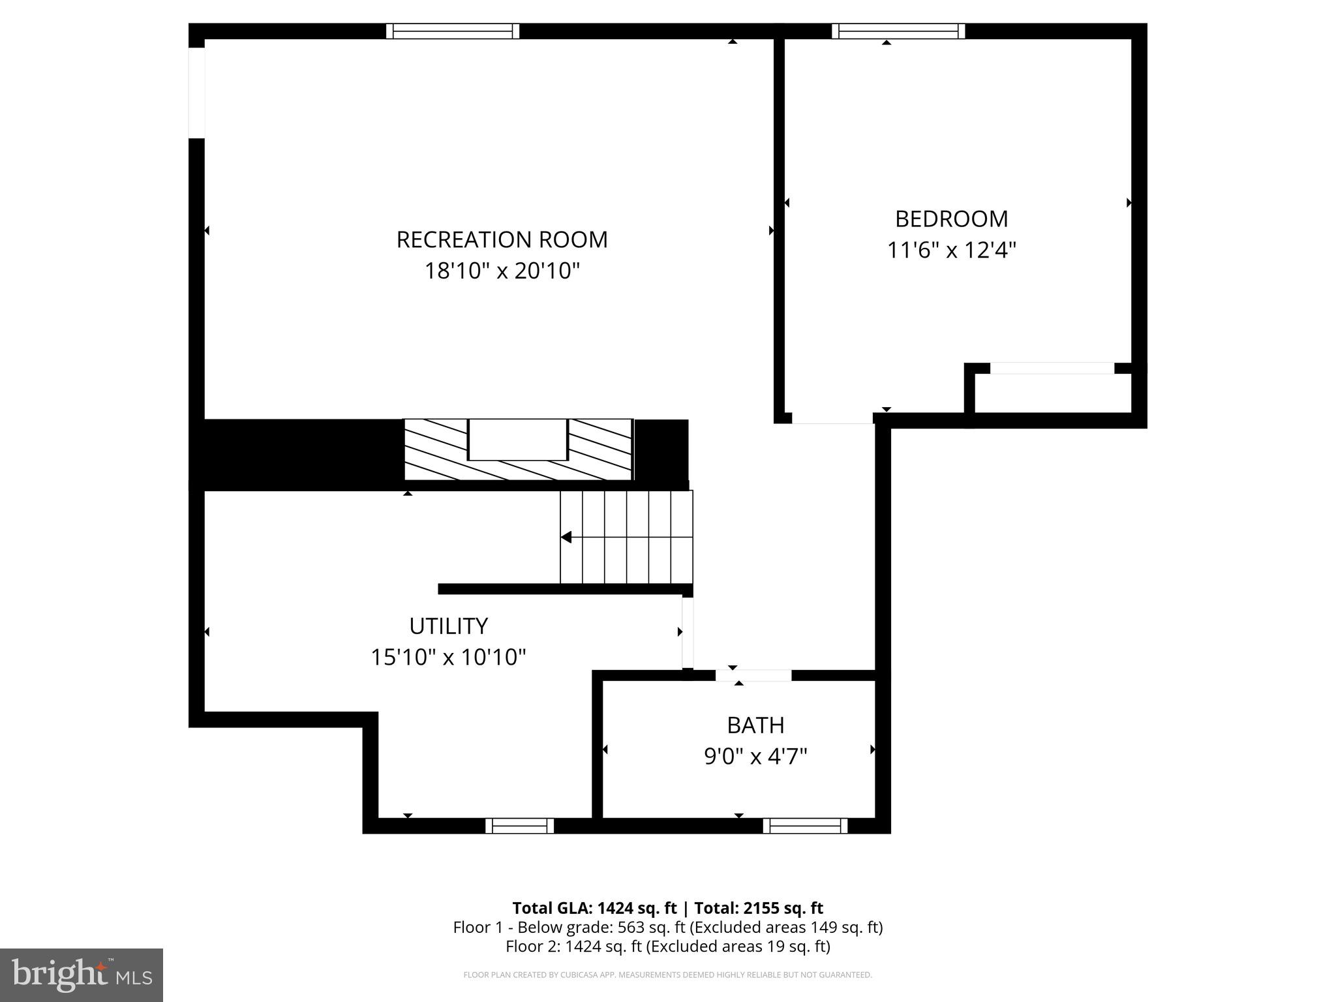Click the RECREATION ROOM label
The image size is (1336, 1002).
[502, 239]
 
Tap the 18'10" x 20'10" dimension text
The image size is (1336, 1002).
[502, 271]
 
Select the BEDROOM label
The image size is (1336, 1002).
[951, 219]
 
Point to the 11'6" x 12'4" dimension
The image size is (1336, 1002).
[951, 250]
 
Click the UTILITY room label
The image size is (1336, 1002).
[448, 626]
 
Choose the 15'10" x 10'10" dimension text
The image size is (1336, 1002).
[448, 657]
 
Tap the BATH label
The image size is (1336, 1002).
[755, 725]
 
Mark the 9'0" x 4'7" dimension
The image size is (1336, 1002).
[755, 757]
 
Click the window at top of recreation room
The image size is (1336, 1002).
[452, 31]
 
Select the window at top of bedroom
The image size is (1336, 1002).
[898, 31]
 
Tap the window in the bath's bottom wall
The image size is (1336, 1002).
[805, 826]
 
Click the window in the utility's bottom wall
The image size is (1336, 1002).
[519, 826]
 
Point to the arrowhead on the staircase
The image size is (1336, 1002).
[566, 537]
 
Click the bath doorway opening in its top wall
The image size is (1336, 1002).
[753, 675]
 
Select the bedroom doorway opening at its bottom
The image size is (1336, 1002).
[832, 418]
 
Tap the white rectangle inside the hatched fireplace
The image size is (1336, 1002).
[518, 440]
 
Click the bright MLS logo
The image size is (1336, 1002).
[82, 975]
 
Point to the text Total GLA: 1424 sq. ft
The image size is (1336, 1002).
[594, 908]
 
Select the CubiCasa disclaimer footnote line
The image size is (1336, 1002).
[667, 975]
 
